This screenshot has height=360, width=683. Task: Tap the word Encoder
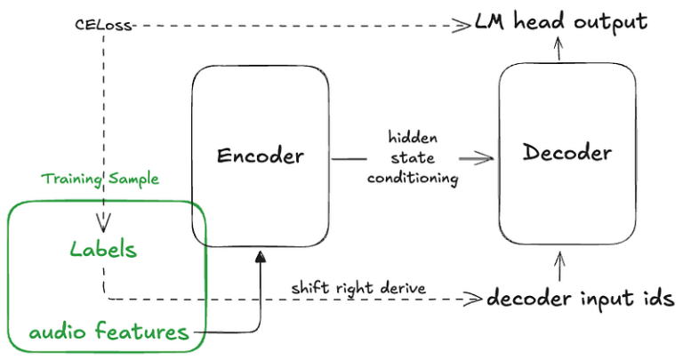point(261,156)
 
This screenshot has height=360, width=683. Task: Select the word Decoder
point(567,153)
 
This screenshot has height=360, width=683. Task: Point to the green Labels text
point(105,249)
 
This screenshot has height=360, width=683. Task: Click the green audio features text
point(108,332)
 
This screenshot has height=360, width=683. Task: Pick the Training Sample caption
point(100,179)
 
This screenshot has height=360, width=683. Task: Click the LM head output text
point(560,21)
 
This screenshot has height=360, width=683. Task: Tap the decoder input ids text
point(574,298)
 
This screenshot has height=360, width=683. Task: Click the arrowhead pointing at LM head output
point(462,26)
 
